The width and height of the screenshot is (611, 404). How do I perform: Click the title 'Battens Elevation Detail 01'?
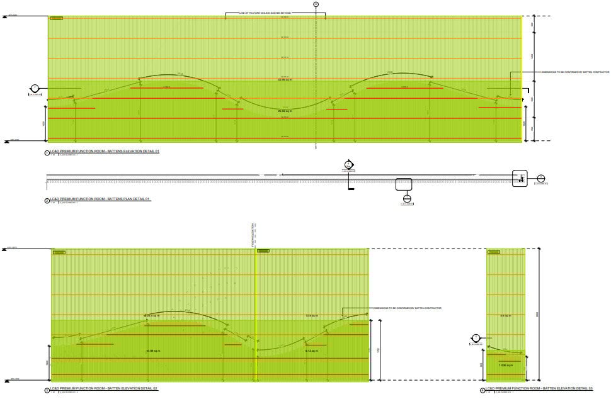click(105, 152)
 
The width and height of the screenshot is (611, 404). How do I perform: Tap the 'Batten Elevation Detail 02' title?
click(105, 389)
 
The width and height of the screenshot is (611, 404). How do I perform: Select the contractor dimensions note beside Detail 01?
click(567, 72)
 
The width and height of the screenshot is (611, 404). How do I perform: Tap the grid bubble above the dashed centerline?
click(316, 4)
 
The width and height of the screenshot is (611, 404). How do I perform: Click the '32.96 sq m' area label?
click(285, 80)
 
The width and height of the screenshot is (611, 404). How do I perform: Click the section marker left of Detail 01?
click(35, 88)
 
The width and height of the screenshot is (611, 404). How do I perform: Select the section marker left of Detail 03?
click(476, 337)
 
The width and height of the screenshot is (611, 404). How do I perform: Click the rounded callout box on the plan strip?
click(404, 184)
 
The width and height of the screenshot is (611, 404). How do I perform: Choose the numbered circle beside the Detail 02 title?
click(47, 390)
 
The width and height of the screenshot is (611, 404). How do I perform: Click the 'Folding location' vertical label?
click(253, 234)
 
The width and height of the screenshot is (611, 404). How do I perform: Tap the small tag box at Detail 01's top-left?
click(56, 18)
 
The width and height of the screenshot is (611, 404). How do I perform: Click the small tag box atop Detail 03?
click(494, 252)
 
